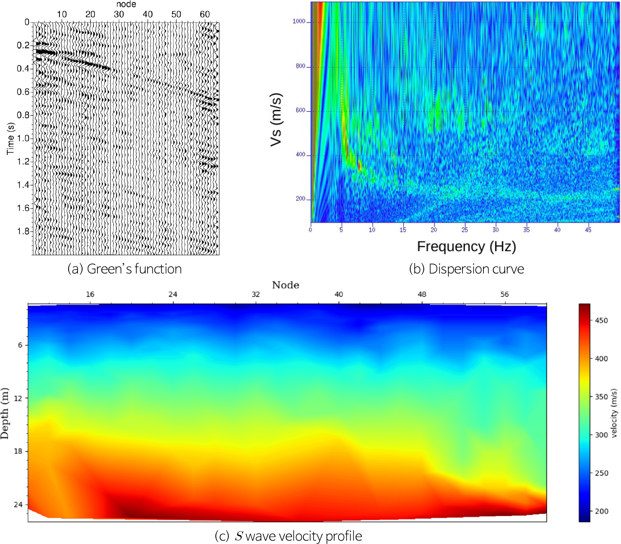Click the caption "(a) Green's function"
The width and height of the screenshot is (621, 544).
pyautogui.click(x=125, y=269)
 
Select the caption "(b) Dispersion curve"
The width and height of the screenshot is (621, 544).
pyautogui.click(x=467, y=269)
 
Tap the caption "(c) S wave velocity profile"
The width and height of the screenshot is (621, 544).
pyautogui.click(x=288, y=536)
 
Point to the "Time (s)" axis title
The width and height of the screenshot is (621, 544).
pyautogui.click(x=11, y=139)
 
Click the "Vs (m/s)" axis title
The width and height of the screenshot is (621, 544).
pyautogui.click(x=276, y=119)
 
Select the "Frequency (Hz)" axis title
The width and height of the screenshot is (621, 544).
pyautogui.click(x=467, y=247)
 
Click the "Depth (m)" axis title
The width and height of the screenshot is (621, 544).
pyautogui.click(x=4, y=413)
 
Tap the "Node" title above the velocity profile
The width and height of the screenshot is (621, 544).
pyautogui.click(x=286, y=285)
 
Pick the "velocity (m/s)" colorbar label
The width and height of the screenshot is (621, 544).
pyautogui.click(x=614, y=413)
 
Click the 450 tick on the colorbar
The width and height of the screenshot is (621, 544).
pyautogui.click(x=601, y=320)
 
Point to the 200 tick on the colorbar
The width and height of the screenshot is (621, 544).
pyautogui.click(x=601, y=511)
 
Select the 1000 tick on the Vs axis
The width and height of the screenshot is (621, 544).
pyautogui.click(x=299, y=21)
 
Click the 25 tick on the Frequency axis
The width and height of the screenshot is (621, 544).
pyautogui.click(x=464, y=230)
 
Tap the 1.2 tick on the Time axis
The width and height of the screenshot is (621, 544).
pyautogui.click(x=23, y=162)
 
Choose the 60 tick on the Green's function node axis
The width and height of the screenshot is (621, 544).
pyautogui.click(x=205, y=14)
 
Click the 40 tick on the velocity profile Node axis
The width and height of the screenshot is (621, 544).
pyautogui.click(x=339, y=294)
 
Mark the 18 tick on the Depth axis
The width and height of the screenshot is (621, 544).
pyautogui.click(x=18, y=451)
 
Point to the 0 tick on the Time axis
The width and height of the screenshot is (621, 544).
pyautogui.click(x=27, y=22)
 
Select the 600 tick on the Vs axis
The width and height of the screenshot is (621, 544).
pyautogui.click(x=300, y=110)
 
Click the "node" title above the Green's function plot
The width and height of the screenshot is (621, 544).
pyautogui.click(x=126, y=4)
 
